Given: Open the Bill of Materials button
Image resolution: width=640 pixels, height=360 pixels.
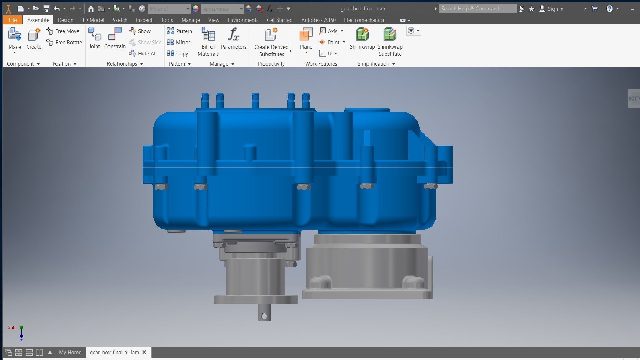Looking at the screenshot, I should (x=208, y=42).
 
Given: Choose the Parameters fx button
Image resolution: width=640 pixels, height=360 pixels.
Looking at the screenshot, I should (x=233, y=38).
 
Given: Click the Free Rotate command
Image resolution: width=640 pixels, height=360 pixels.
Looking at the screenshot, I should (x=65, y=42).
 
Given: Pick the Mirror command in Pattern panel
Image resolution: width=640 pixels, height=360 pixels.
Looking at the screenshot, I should (x=179, y=42).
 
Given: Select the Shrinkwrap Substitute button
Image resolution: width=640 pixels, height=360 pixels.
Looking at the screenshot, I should (x=390, y=42).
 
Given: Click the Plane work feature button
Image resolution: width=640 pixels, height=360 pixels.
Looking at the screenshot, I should (x=306, y=38).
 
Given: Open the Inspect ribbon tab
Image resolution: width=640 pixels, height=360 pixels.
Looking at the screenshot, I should (x=144, y=20).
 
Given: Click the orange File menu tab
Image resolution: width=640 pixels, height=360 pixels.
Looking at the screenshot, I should (x=13, y=20).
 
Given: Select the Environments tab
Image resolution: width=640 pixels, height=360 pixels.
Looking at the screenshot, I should (x=243, y=20).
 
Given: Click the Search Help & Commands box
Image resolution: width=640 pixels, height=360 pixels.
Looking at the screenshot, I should (x=477, y=9).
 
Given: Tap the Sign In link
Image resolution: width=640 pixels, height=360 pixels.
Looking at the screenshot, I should (x=555, y=9).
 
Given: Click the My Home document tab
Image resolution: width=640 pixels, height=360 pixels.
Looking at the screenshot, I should (x=70, y=352).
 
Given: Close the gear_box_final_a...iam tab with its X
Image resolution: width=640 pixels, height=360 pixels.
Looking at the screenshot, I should (x=144, y=352).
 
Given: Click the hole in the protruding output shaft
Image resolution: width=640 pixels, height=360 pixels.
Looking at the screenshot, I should (x=264, y=316).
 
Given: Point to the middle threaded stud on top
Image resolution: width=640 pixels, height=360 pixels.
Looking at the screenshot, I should (x=255, y=100).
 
